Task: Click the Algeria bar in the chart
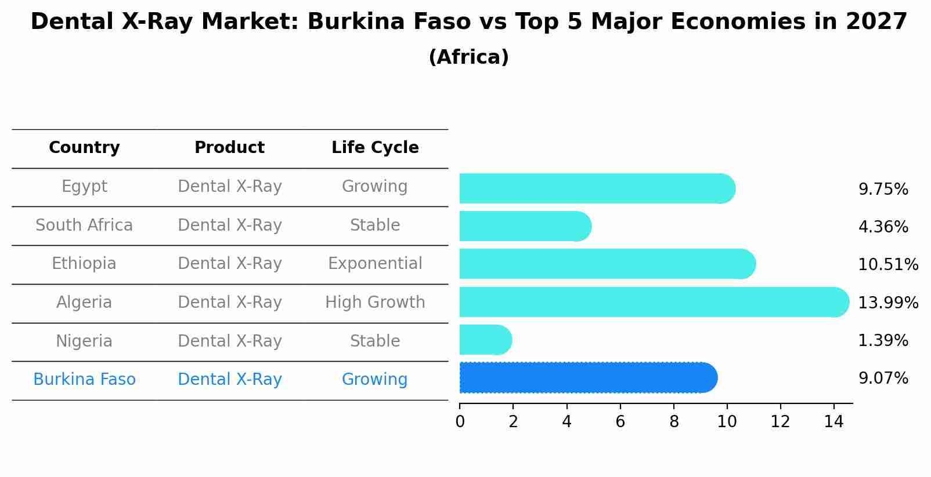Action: tap(653, 302)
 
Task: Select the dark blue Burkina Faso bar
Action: tap(587, 378)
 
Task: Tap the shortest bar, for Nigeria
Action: tap(485, 340)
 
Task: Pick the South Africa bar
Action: tap(525, 226)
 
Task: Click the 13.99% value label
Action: tap(888, 303)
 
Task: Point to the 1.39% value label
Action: tap(883, 341)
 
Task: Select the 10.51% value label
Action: tap(888, 265)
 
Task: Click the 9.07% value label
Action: tap(883, 378)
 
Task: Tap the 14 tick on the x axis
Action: tap(833, 421)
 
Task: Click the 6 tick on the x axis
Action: tap(620, 421)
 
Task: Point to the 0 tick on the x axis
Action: tap(460, 421)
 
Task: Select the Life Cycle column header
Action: tap(375, 148)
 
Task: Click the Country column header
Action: tap(84, 148)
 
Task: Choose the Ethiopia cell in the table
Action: tap(84, 264)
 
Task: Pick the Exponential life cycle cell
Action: tap(375, 264)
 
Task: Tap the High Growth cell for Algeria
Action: tap(375, 303)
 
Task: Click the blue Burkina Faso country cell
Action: tap(84, 380)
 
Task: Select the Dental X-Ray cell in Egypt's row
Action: tap(229, 187)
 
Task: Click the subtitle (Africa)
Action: tap(468, 57)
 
